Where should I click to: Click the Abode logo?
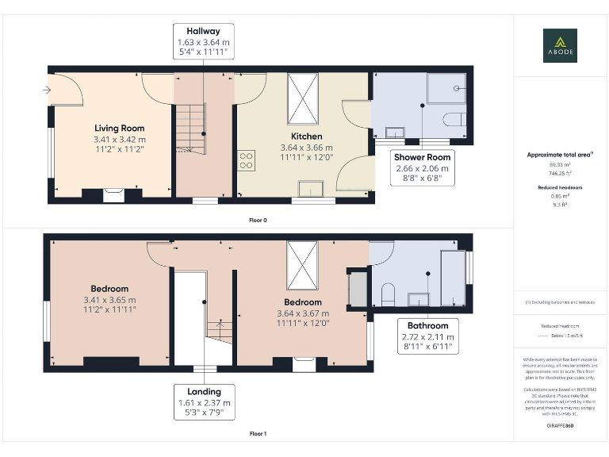coord(560,45)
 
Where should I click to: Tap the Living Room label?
coord(120,128)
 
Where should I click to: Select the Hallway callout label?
coord(204,31)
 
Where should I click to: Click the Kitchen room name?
coord(301,136)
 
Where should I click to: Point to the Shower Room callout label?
coord(422,157)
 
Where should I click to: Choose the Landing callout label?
coord(205,391)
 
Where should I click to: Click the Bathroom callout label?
coord(427,325)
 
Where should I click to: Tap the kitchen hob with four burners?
coord(246,161)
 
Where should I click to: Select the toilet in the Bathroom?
coord(388,295)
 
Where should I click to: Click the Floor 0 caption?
coord(258,220)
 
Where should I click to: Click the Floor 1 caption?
coord(258,434)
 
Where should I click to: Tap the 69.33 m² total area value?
coord(560,165)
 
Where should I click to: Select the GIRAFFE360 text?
coord(560,427)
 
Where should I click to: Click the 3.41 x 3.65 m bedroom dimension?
coord(109,300)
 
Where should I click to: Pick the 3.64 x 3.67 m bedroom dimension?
coord(302,313)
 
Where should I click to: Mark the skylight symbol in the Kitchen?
coord(302,99)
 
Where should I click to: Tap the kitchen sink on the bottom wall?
coord(310,189)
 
